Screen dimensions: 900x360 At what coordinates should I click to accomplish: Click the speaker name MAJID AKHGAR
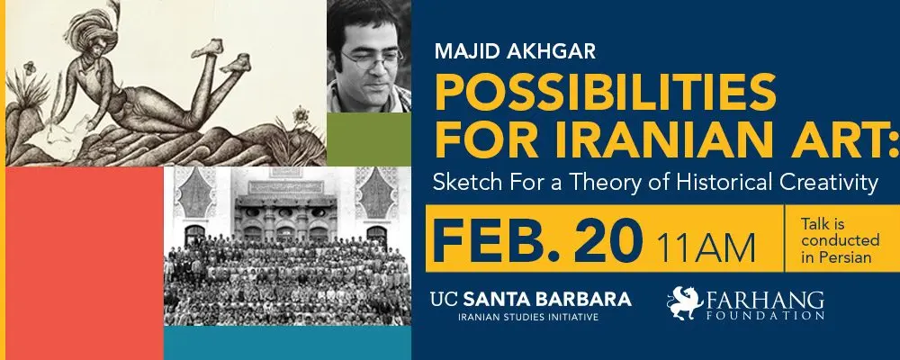tap(515, 51)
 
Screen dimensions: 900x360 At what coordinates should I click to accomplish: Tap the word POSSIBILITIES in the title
tap(606, 92)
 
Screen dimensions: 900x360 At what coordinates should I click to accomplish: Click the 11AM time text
tap(706, 247)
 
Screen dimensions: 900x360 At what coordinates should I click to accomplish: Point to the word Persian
tap(844, 257)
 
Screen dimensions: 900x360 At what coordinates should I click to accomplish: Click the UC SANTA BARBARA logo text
tap(531, 299)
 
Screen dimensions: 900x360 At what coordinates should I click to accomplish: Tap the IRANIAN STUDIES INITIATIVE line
tap(527, 317)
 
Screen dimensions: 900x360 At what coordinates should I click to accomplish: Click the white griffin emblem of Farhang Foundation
tap(684, 302)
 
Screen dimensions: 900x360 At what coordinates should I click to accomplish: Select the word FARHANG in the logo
tap(765, 301)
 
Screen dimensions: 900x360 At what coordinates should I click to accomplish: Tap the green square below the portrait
tap(369, 139)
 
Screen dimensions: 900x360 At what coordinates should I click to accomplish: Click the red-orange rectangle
tap(85, 263)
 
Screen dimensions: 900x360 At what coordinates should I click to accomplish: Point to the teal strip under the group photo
tap(288, 343)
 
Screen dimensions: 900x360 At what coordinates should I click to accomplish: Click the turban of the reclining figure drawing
tap(91, 28)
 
